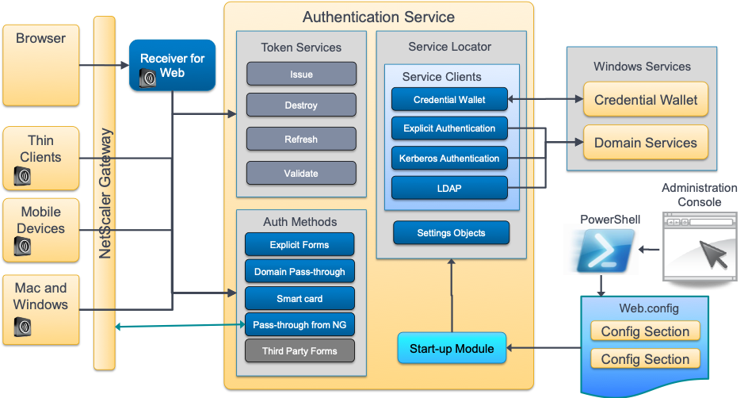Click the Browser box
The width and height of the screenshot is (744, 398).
coord(40,65)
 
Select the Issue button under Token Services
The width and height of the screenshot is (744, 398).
coord(301,75)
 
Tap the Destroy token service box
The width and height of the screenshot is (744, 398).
coord(301,105)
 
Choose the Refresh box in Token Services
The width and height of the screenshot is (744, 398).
coord(301,140)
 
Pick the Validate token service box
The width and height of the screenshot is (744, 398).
coord(301,174)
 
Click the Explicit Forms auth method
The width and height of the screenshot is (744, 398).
coord(300,245)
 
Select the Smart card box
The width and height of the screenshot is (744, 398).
coord(300,299)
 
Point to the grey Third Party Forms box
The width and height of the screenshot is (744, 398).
coord(300,351)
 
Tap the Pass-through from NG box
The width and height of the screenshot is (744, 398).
coord(300,325)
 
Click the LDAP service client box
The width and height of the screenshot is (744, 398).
coord(449,188)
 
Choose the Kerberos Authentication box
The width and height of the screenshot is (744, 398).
coord(449,159)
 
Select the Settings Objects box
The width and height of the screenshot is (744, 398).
coord(451,233)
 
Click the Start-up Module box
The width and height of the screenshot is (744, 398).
coord(452,349)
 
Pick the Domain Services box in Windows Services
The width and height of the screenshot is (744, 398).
coord(646,144)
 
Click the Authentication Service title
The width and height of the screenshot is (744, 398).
coord(379,17)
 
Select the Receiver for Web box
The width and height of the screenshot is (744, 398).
coord(172,65)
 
